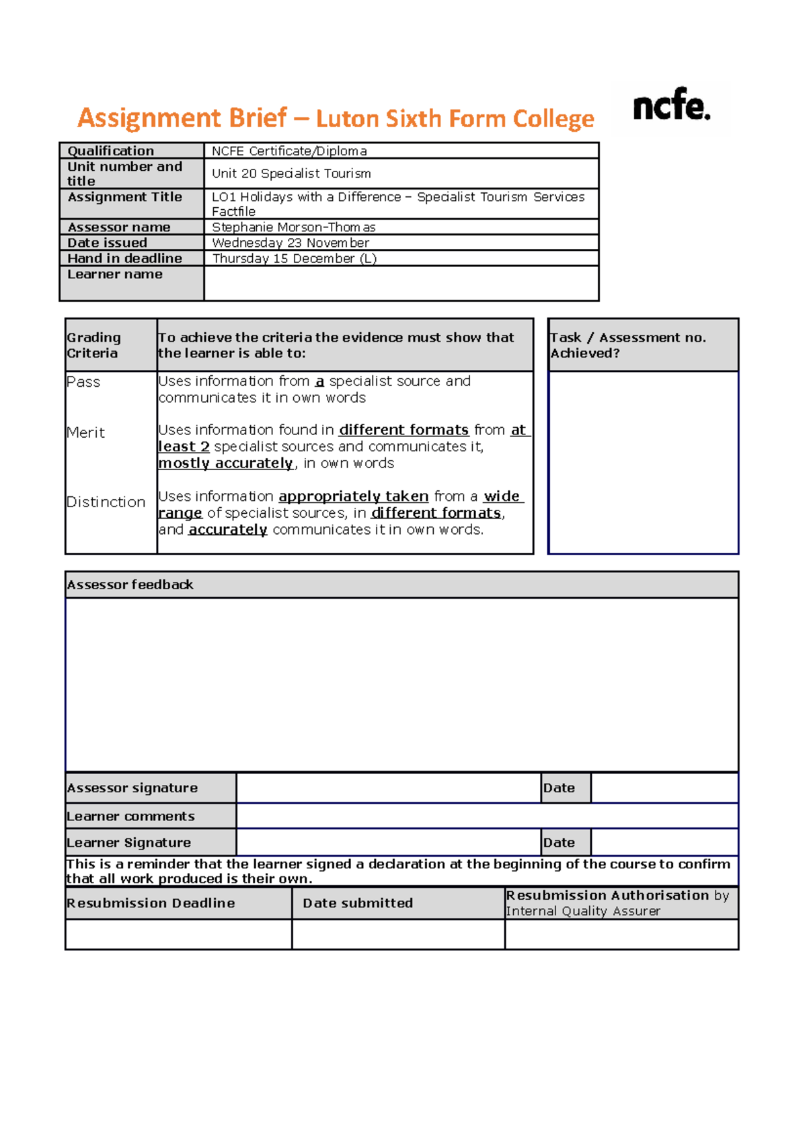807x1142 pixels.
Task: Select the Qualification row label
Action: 111,151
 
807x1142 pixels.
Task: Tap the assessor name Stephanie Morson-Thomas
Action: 293,227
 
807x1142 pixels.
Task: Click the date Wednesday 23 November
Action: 291,243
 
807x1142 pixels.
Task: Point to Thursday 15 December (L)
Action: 294,258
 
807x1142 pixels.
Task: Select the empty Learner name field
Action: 401,282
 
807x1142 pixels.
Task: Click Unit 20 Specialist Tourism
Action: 291,174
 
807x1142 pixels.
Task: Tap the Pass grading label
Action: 83,382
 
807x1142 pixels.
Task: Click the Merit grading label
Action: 85,432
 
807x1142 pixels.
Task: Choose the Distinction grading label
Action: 106,502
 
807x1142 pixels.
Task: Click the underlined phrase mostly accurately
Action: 226,463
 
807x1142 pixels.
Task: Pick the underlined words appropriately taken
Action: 353,496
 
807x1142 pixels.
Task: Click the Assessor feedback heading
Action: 130,584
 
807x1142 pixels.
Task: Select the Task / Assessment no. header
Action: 628,338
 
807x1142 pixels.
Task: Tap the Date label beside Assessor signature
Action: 559,788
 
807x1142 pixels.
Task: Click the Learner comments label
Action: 130,816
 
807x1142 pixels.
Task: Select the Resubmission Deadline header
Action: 151,903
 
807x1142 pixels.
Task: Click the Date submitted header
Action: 358,903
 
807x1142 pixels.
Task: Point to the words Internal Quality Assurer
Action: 582,911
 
